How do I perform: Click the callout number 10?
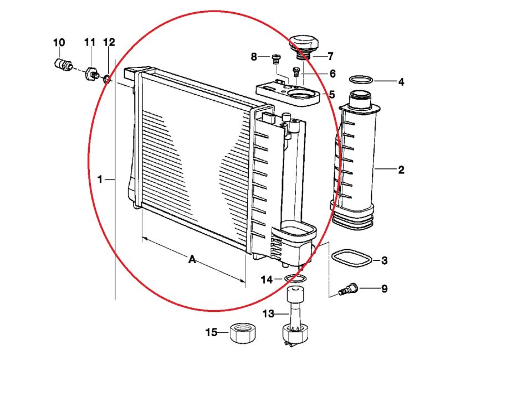click(x=59, y=43)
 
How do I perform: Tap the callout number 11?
click(x=90, y=43)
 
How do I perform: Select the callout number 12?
click(x=109, y=43)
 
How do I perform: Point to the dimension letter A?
click(x=192, y=260)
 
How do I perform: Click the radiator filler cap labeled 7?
click(x=304, y=46)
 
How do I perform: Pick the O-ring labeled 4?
click(x=361, y=80)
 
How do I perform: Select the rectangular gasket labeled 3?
click(x=351, y=258)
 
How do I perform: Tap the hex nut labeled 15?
click(x=243, y=333)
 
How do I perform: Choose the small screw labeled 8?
click(x=275, y=60)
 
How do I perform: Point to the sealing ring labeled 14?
click(x=295, y=279)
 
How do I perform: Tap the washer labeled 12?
click(x=106, y=80)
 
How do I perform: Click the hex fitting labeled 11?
click(x=91, y=74)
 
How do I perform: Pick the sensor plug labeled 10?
click(x=63, y=64)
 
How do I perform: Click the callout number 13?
click(x=268, y=313)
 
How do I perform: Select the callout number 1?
click(x=100, y=179)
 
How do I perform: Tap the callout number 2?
click(x=401, y=169)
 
